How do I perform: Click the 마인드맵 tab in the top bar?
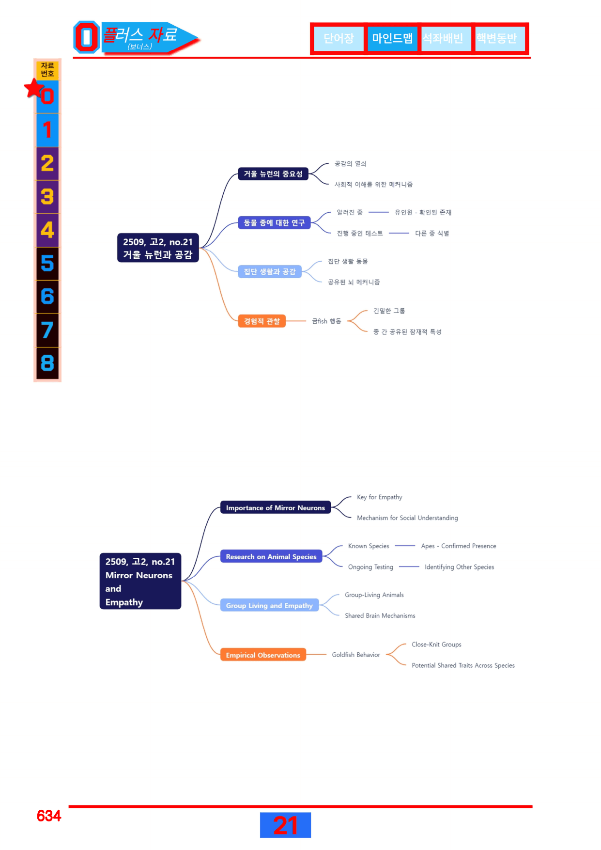(392, 38)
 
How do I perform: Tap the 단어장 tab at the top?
(339, 38)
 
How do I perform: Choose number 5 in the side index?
(47, 264)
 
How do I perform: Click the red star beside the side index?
(34, 88)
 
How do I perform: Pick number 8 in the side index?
(47, 363)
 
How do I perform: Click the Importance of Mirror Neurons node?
(276, 508)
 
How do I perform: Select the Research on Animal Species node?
(271, 557)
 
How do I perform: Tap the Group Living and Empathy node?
(269, 605)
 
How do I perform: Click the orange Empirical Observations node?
(263, 655)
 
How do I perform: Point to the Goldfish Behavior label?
(356, 655)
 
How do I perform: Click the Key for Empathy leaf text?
(380, 497)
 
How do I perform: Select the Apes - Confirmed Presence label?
(459, 546)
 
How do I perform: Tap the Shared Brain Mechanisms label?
(380, 616)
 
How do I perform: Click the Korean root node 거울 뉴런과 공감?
(158, 248)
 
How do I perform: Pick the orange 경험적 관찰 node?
(262, 321)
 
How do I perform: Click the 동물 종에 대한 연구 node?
(274, 223)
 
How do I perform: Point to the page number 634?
(49, 816)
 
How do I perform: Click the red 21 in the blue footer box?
(285, 825)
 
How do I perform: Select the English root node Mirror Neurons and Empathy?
(140, 582)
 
